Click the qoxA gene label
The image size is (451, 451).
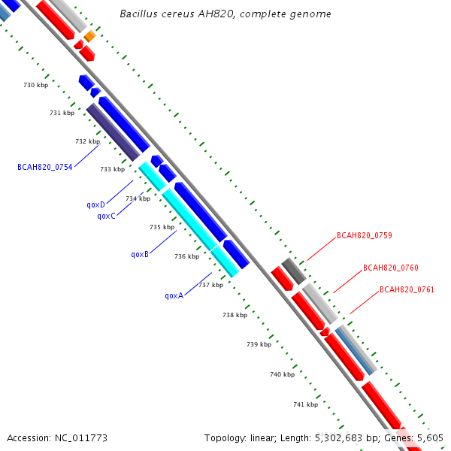click(x=174, y=295)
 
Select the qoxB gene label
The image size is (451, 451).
click(x=140, y=255)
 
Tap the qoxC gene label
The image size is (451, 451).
click(x=107, y=216)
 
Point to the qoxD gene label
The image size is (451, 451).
click(x=95, y=204)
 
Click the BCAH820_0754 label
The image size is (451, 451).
click(x=45, y=167)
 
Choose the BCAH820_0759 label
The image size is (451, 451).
click(x=365, y=235)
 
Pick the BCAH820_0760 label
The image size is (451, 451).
click(x=391, y=268)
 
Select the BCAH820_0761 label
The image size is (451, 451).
click(x=407, y=289)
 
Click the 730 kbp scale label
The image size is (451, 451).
click(x=35, y=85)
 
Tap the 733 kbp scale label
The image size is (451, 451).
click(x=113, y=169)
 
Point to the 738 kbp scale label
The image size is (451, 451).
click(x=235, y=315)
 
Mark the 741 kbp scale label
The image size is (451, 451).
click(x=305, y=404)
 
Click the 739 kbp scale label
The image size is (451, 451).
click(x=259, y=344)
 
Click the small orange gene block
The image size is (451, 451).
click(x=89, y=36)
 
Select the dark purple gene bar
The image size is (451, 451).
click(x=113, y=132)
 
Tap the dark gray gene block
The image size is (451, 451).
click(x=294, y=271)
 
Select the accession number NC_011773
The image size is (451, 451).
click(x=81, y=438)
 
